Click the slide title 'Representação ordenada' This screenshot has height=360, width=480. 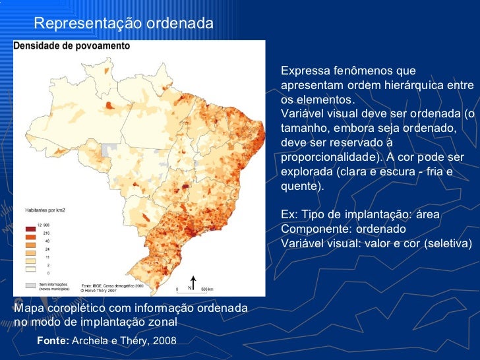click(x=123, y=24)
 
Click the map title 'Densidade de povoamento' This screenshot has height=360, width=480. click(x=72, y=46)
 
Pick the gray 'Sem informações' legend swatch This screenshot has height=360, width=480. click(x=31, y=285)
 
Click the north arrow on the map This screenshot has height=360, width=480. click(x=193, y=282)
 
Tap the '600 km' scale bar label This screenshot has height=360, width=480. click(x=206, y=289)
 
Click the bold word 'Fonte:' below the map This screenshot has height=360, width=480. click(x=53, y=340)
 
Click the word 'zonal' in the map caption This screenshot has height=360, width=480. click(x=162, y=322)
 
